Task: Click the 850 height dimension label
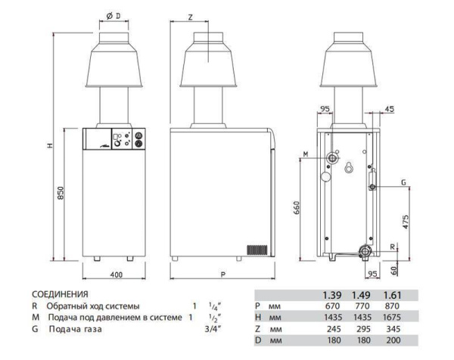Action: (x=61, y=193)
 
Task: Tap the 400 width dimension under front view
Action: (x=117, y=275)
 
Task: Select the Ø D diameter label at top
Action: (x=113, y=16)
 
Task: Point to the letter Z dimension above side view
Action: (x=190, y=17)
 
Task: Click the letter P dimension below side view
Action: (x=222, y=275)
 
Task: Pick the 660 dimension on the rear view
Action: (x=297, y=207)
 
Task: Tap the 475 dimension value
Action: (x=406, y=222)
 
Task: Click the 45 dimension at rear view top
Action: (x=390, y=109)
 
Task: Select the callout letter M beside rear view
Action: (x=306, y=154)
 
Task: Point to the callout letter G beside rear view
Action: (x=403, y=182)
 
